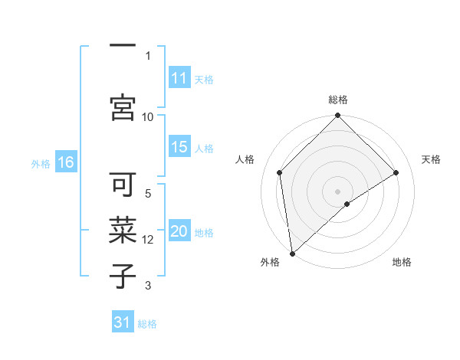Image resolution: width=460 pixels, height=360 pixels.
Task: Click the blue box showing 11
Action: click(x=179, y=78)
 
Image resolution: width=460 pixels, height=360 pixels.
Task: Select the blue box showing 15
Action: click(x=179, y=147)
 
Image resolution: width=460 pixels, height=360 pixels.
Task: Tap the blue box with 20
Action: click(x=179, y=232)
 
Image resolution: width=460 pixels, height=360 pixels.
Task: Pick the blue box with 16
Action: click(x=65, y=162)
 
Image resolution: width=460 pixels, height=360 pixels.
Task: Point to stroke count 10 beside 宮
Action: click(x=148, y=116)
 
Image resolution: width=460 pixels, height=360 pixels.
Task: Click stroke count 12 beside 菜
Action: click(x=148, y=240)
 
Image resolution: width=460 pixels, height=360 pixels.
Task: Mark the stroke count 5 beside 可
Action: click(x=148, y=194)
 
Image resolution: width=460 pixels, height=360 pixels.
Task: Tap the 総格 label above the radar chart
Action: click(x=338, y=100)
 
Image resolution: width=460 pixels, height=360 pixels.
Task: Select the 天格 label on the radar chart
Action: click(x=431, y=159)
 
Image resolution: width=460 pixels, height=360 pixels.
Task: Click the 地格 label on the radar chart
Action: click(x=402, y=262)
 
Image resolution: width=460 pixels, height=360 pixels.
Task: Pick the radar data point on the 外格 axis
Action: click(x=291, y=254)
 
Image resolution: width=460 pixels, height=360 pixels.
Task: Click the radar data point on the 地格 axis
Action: click(x=347, y=204)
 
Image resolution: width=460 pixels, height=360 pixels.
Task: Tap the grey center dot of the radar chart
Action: click(x=338, y=191)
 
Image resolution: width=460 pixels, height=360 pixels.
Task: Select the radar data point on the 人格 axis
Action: click(x=280, y=172)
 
